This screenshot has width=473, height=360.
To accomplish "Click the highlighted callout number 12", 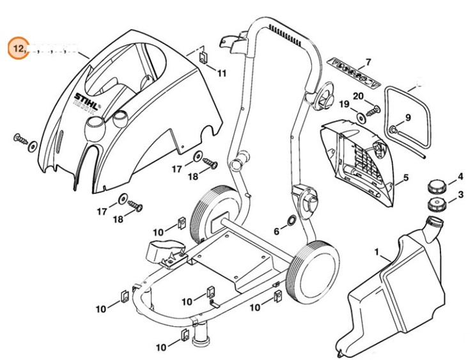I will click(x=18, y=48).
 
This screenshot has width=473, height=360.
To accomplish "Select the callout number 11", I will click(x=221, y=74).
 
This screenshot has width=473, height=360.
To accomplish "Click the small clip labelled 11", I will click(x=203, y=58).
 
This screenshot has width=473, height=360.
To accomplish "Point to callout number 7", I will click(x=368, y=63).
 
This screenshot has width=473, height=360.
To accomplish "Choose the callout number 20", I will click(x=359, y=97).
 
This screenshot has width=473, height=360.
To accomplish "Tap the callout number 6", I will click(x=277, y=231).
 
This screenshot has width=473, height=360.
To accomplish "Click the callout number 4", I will click(x=460, y=176).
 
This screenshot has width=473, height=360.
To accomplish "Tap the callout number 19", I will click(x=343, y=104).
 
